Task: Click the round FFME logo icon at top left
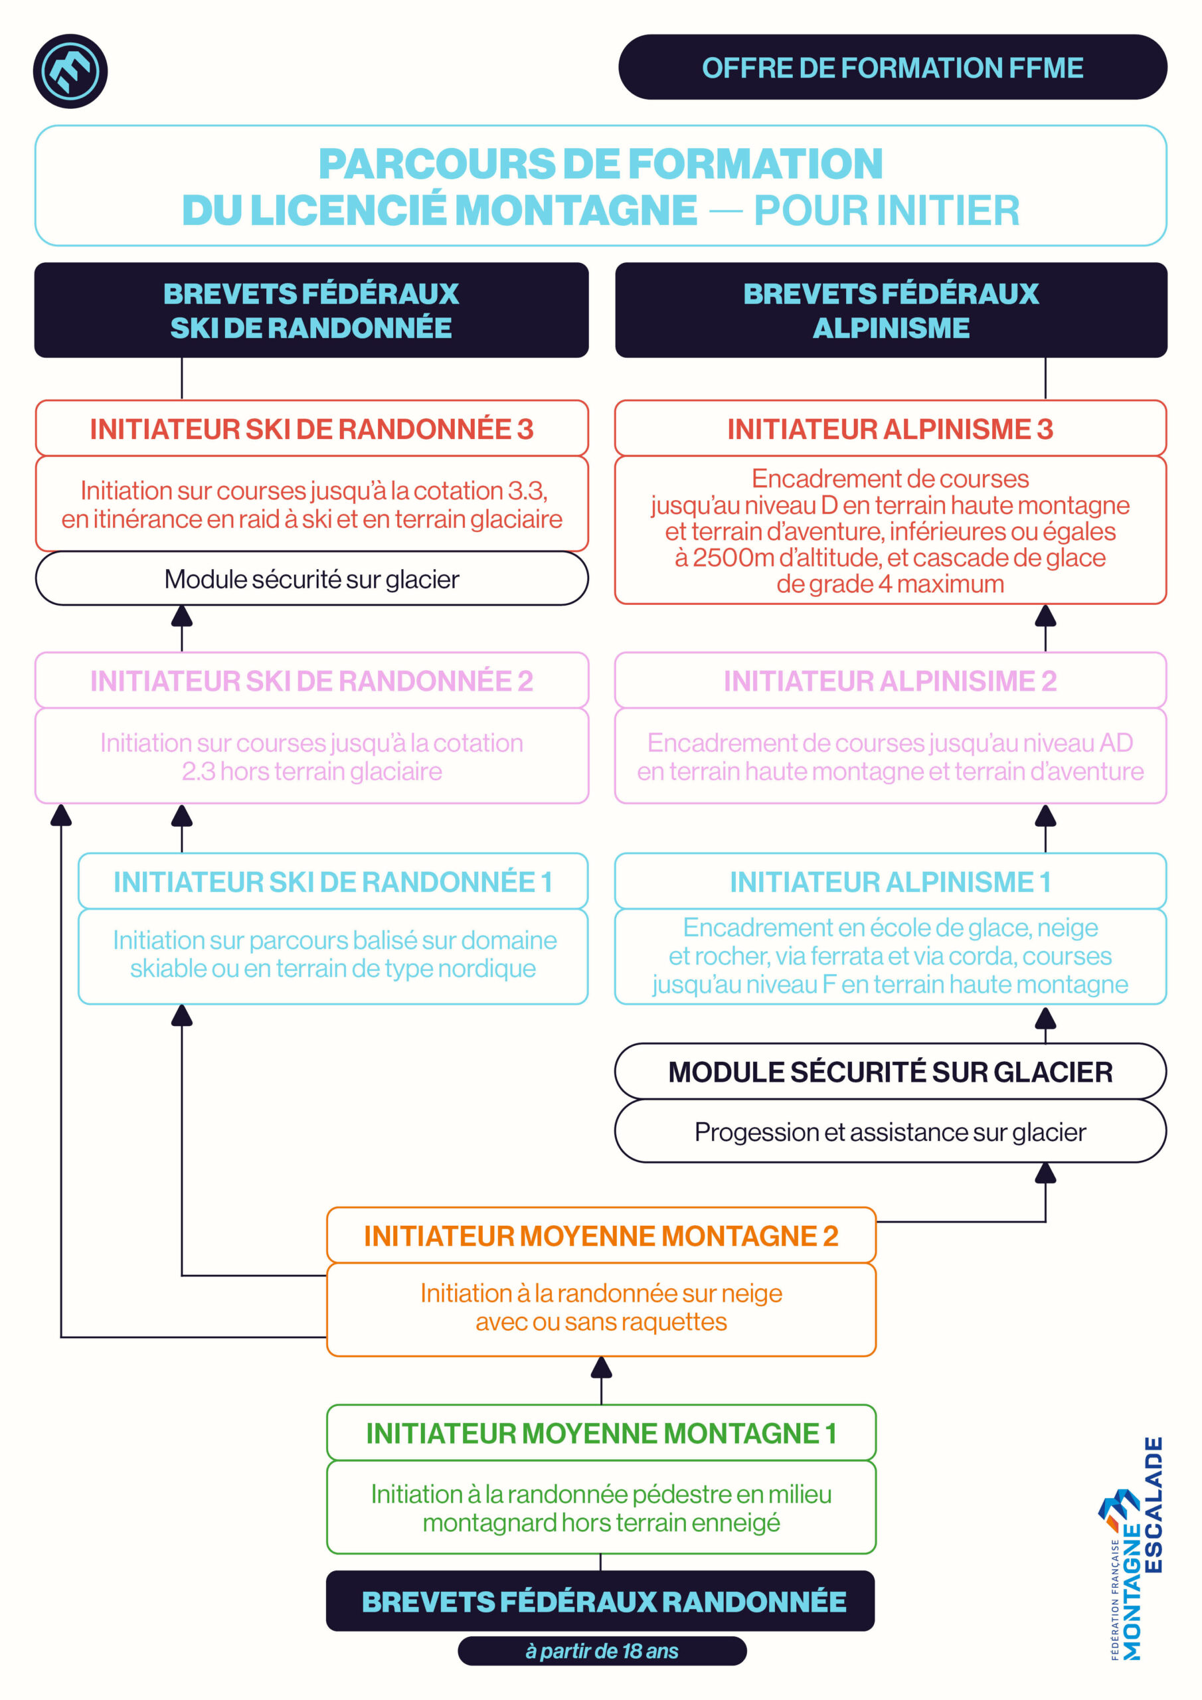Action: click(70, 71)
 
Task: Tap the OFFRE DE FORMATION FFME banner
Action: click(892, 67)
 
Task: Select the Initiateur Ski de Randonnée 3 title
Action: click(312, 429)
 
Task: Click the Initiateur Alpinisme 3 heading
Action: click(890, 429)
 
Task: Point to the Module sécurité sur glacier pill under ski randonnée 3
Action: click(312, 578)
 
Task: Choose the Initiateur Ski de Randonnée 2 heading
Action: click(312, 681)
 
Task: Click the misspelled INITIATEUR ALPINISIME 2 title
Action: click(890, 681)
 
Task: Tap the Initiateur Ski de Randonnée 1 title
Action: click(333, 882)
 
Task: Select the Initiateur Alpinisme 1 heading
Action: click(890, 882)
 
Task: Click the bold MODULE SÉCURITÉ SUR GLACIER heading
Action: click(890, 1071)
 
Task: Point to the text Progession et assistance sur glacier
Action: click(890, 1132)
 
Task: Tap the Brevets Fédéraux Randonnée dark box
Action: click(600, 1601)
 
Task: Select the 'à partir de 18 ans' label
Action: click(602, 1651)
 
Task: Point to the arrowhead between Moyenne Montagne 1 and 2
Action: click(602, 1367)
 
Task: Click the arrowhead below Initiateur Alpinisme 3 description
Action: click(1045, 616)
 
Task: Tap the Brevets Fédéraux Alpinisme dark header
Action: click(891, 310)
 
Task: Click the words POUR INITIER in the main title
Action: click(887, 211)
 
